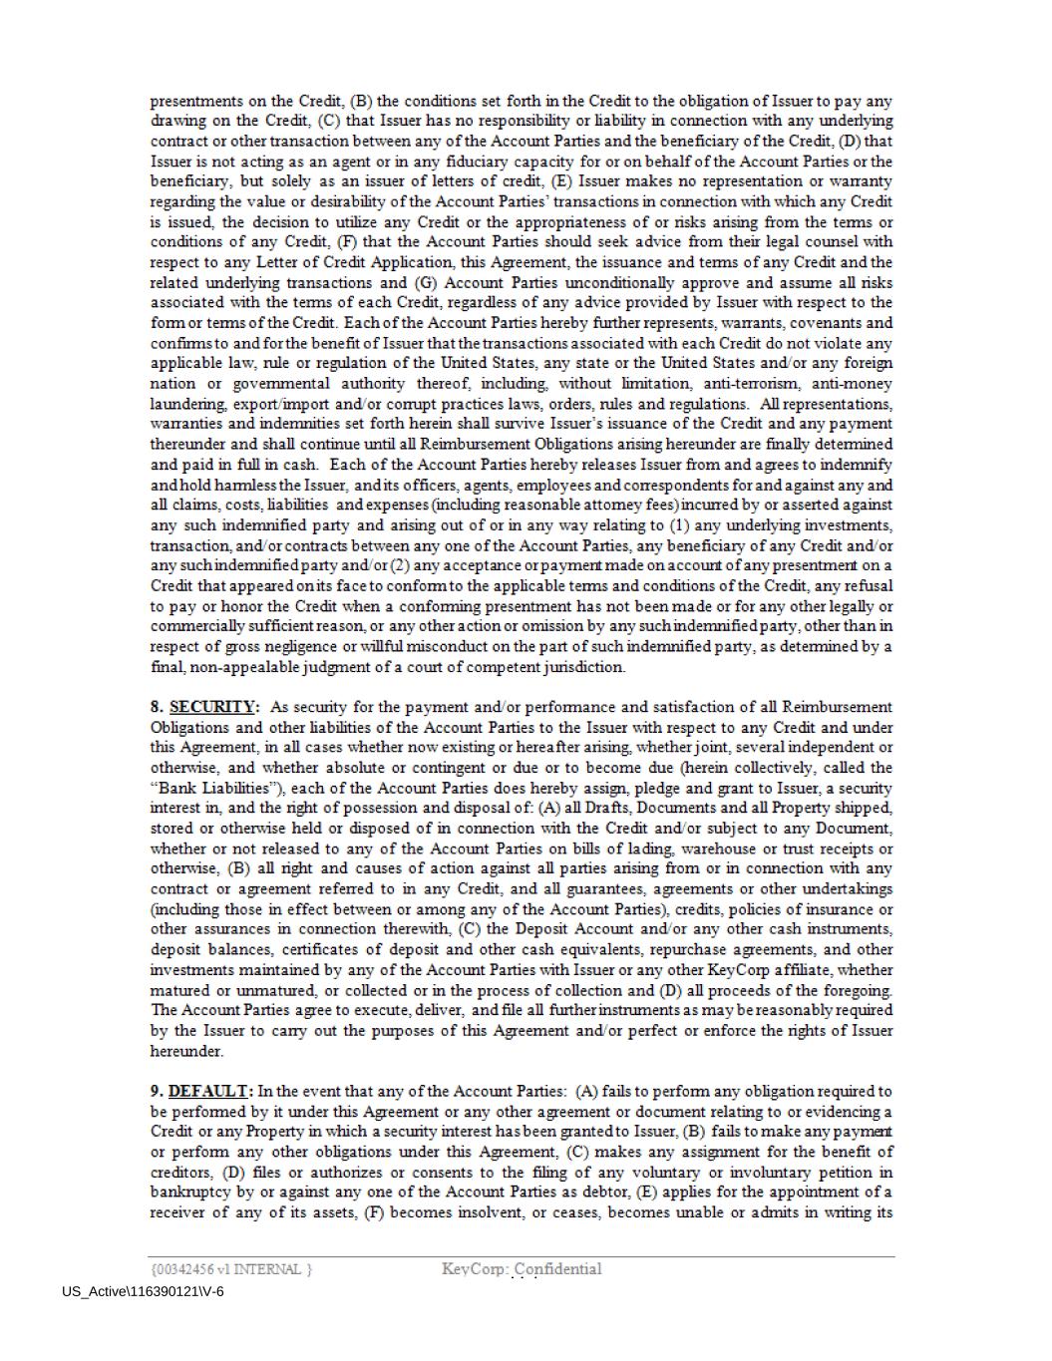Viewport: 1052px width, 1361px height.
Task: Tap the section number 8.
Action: point(157,707)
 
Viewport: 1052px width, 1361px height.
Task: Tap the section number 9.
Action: point(157,1091)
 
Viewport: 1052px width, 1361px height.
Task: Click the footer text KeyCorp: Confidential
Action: point(522,1268)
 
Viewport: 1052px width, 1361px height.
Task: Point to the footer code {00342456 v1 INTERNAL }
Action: point(230,1269)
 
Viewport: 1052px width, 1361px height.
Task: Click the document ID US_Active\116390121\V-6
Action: point(143,1291)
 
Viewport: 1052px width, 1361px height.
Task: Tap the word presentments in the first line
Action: point(196,101)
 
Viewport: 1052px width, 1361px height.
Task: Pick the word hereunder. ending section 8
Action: point(186,1051)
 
